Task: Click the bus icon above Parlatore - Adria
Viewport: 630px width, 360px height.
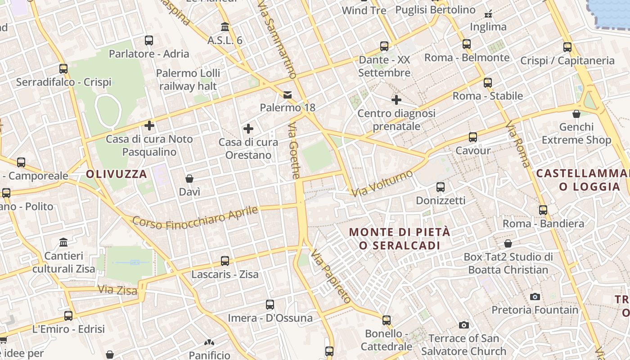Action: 149,40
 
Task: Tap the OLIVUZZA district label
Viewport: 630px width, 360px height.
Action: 117,174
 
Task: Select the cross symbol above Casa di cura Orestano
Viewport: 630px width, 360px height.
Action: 248,129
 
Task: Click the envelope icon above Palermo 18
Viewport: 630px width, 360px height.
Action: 288,95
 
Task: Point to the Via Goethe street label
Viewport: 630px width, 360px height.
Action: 294,151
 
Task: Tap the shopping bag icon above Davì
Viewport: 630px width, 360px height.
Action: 189,179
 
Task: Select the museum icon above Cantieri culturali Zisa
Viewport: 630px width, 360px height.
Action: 63,243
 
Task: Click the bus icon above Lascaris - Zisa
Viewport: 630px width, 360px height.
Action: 225,261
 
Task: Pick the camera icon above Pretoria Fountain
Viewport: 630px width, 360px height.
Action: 535,297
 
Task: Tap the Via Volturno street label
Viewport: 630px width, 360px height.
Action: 382,184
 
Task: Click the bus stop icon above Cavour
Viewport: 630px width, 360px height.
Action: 472,137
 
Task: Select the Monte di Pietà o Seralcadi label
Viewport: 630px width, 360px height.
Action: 400,239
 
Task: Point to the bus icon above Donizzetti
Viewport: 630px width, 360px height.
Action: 441,187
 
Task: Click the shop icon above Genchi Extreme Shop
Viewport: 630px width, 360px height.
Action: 576,114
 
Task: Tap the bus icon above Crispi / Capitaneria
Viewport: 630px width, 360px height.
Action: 567,47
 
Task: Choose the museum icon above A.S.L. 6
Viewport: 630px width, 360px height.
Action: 225,27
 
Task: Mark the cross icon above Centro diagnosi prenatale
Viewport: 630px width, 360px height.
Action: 396,100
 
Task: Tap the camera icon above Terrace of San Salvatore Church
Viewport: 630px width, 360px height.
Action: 463,325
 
